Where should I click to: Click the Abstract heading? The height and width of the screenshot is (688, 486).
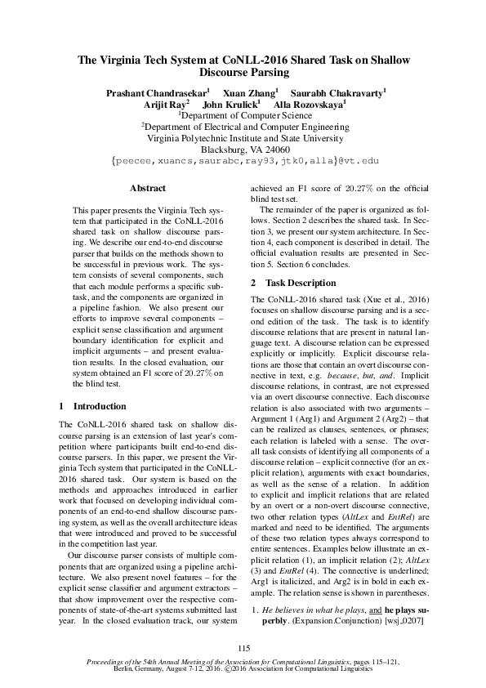point(148,188)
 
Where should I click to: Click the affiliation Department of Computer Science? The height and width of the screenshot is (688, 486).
point(245,116)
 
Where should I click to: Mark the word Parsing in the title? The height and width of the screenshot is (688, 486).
point(283,74)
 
